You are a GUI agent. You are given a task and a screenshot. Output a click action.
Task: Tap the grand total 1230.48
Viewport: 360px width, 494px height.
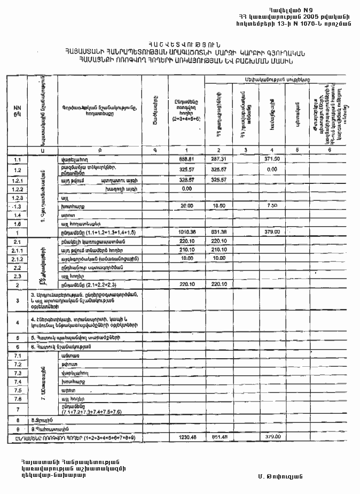tap(186, 437)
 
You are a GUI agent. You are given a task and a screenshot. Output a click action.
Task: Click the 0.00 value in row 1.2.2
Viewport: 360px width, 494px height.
tap(186, 189)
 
